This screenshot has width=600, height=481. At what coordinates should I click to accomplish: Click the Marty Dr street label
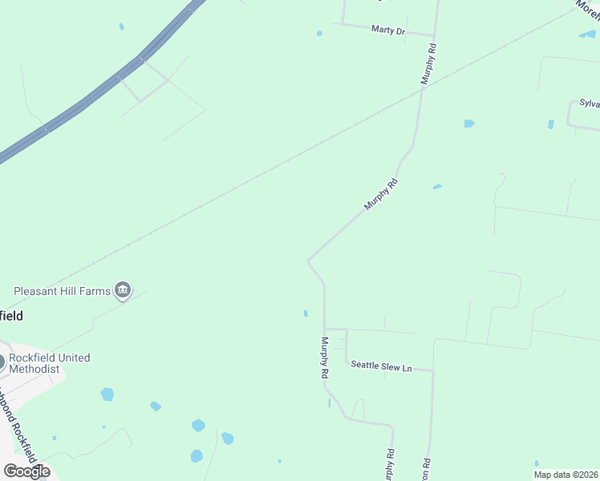388,30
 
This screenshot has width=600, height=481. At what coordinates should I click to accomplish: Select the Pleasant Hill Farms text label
61,290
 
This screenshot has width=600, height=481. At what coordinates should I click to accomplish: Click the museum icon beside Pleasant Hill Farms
123,290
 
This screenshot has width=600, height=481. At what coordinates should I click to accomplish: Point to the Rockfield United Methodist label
49,363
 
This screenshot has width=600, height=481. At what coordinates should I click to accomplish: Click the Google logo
26,471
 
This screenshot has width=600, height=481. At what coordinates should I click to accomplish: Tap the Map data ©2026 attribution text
566,474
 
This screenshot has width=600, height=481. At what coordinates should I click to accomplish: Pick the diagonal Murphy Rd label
380,194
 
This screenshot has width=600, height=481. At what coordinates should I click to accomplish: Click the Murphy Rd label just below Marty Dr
430,64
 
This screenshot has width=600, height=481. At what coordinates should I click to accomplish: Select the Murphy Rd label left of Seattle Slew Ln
325,358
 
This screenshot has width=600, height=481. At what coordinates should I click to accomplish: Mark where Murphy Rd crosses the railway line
422,89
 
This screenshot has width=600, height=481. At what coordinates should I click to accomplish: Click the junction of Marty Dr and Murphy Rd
433,36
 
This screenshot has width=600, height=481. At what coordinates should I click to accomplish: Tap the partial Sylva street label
590,104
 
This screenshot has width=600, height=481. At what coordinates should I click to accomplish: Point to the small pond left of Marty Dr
319,34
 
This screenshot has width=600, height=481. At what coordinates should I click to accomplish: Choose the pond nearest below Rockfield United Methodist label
107,394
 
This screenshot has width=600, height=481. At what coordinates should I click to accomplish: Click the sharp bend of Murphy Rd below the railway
309,260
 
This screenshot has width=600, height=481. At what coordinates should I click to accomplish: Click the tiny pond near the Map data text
537,463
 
